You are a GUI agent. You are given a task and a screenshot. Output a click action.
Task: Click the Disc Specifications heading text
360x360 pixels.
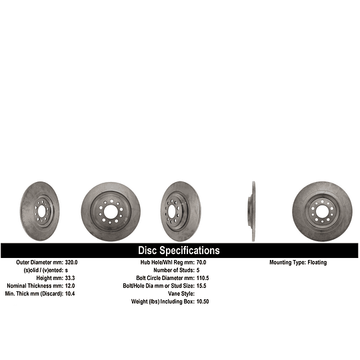179,251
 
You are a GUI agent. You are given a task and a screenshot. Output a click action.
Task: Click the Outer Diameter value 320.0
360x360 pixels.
73,263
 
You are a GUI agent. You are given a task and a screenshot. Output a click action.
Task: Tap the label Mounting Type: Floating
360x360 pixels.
298,263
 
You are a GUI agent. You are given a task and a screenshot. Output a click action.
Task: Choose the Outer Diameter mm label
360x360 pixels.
38,263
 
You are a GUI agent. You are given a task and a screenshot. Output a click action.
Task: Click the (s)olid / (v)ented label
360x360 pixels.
42,271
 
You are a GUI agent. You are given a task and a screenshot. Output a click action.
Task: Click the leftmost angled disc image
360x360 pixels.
39,211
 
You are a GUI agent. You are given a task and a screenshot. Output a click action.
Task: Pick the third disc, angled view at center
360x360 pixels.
180,211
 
